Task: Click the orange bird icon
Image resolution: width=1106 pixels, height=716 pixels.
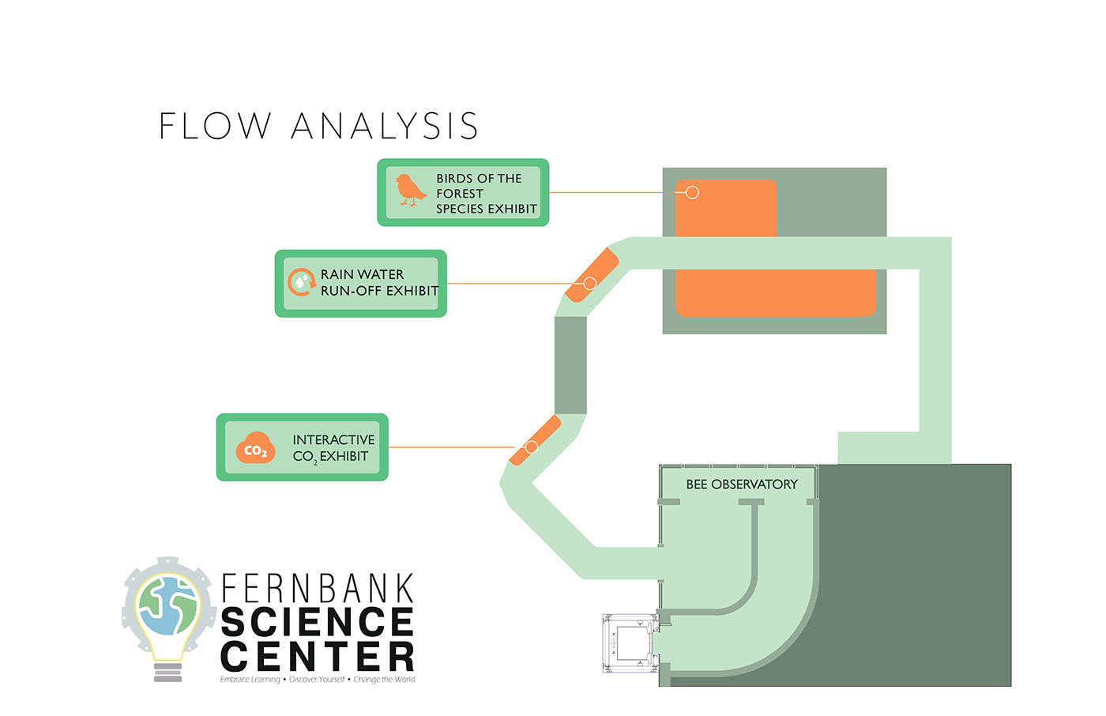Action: point(410,190)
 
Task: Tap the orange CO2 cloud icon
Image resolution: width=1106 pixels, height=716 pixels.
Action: point(255,448)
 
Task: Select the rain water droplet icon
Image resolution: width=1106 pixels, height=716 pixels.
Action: point(301,281)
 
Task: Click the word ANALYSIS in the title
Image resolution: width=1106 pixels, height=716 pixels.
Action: point(385,126)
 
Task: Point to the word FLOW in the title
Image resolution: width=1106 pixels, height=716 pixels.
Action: point(215,126)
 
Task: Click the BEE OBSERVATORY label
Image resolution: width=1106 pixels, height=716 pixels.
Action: point(741,484)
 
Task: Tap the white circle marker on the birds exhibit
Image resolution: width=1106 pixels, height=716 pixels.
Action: point(692,193)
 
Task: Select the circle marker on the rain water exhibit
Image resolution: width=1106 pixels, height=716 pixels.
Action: point(589,283)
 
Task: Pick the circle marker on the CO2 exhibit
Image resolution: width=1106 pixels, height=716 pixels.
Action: point(532,447)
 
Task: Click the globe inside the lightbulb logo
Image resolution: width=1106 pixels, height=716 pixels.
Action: point(167,605)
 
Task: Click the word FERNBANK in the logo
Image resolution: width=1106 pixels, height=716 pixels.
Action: point(318,589)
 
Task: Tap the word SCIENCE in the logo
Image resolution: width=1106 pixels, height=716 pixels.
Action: point(318,622)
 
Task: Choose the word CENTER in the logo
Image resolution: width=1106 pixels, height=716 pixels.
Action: point(318,657)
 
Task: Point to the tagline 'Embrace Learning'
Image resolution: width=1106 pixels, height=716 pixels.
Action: point(250,680)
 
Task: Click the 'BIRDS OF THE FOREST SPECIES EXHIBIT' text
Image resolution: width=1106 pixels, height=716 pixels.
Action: point(486,194)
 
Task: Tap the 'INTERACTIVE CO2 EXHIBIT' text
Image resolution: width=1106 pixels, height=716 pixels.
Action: point(333,448)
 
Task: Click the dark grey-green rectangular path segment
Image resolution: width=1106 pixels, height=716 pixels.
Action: point(570,365)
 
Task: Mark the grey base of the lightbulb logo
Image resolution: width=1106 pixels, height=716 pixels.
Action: point(167,673)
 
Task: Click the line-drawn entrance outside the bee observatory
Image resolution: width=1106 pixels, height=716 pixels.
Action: point(630,643)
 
